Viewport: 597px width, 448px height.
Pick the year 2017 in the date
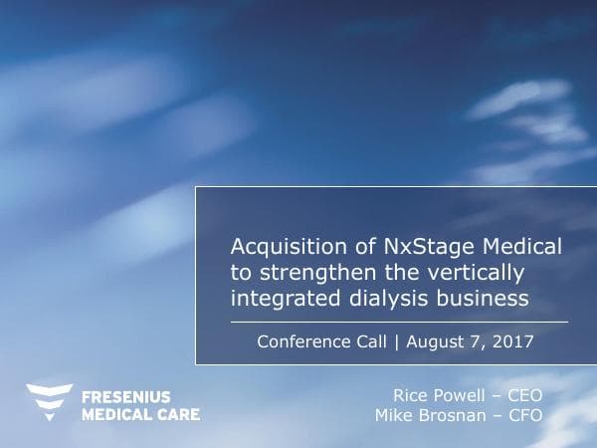[514, 341]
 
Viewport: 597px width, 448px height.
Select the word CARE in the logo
[175, 413]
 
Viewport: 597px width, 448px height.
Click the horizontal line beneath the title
[398, 323]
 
